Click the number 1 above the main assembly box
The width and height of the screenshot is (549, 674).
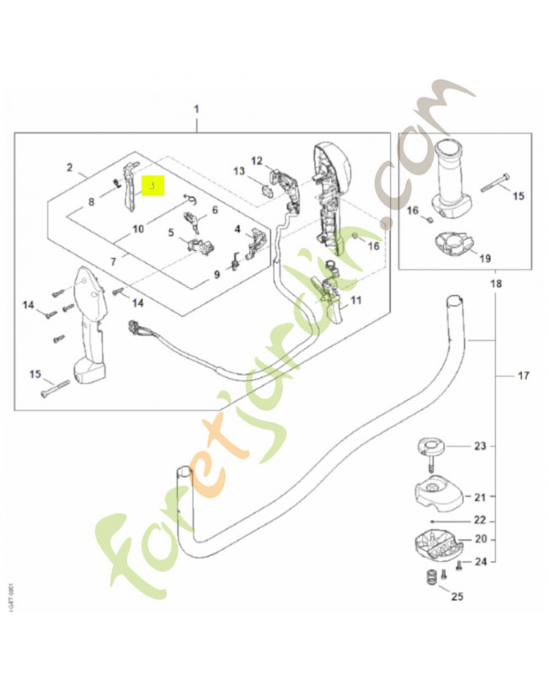pyautogui.click(x=196, y=110)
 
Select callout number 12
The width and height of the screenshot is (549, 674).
pyautogui.click(x=257, y=160)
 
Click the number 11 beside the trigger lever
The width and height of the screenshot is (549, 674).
pyautogui.click(x=355, y=300)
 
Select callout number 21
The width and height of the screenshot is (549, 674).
pyautogui.click(x=480, y=496)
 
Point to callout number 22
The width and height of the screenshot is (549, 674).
pyautogui.click(x=480, y=520)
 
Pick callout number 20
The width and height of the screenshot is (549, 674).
pyautogui.click(x=480, y=539)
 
